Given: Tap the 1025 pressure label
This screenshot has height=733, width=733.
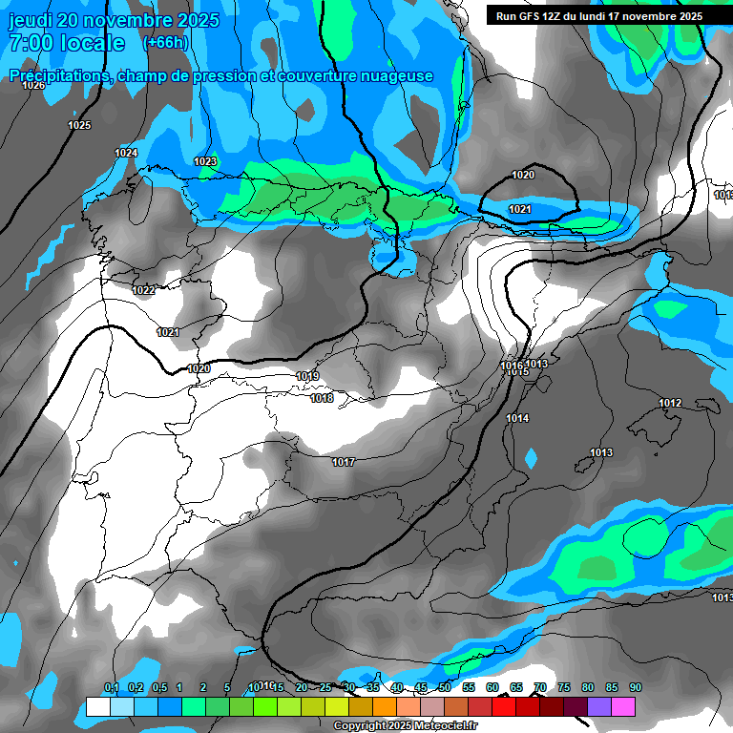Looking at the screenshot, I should coord(79,126).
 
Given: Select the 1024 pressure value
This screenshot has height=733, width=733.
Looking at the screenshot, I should coord(126,154).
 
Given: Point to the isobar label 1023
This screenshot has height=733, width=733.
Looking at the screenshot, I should coord(204,162).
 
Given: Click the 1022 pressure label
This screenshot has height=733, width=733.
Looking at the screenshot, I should coord(143,290).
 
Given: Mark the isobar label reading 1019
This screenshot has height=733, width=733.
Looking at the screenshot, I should coord(307,377).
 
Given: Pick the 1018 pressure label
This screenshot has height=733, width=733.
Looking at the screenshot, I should coord(322,398).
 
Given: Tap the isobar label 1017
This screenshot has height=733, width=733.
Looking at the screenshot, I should coord(344,463).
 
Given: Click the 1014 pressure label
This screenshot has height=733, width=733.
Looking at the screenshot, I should coord(517,419).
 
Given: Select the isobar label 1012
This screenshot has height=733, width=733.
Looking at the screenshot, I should coord(670,404).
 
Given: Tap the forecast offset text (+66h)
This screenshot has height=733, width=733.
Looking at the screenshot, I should coord(165,43).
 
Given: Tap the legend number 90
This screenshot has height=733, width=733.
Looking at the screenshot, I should coord(635,688).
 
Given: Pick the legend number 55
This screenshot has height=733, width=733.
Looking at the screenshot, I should coord(468,688).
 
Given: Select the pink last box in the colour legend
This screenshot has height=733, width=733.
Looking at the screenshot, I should coord(623,706).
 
